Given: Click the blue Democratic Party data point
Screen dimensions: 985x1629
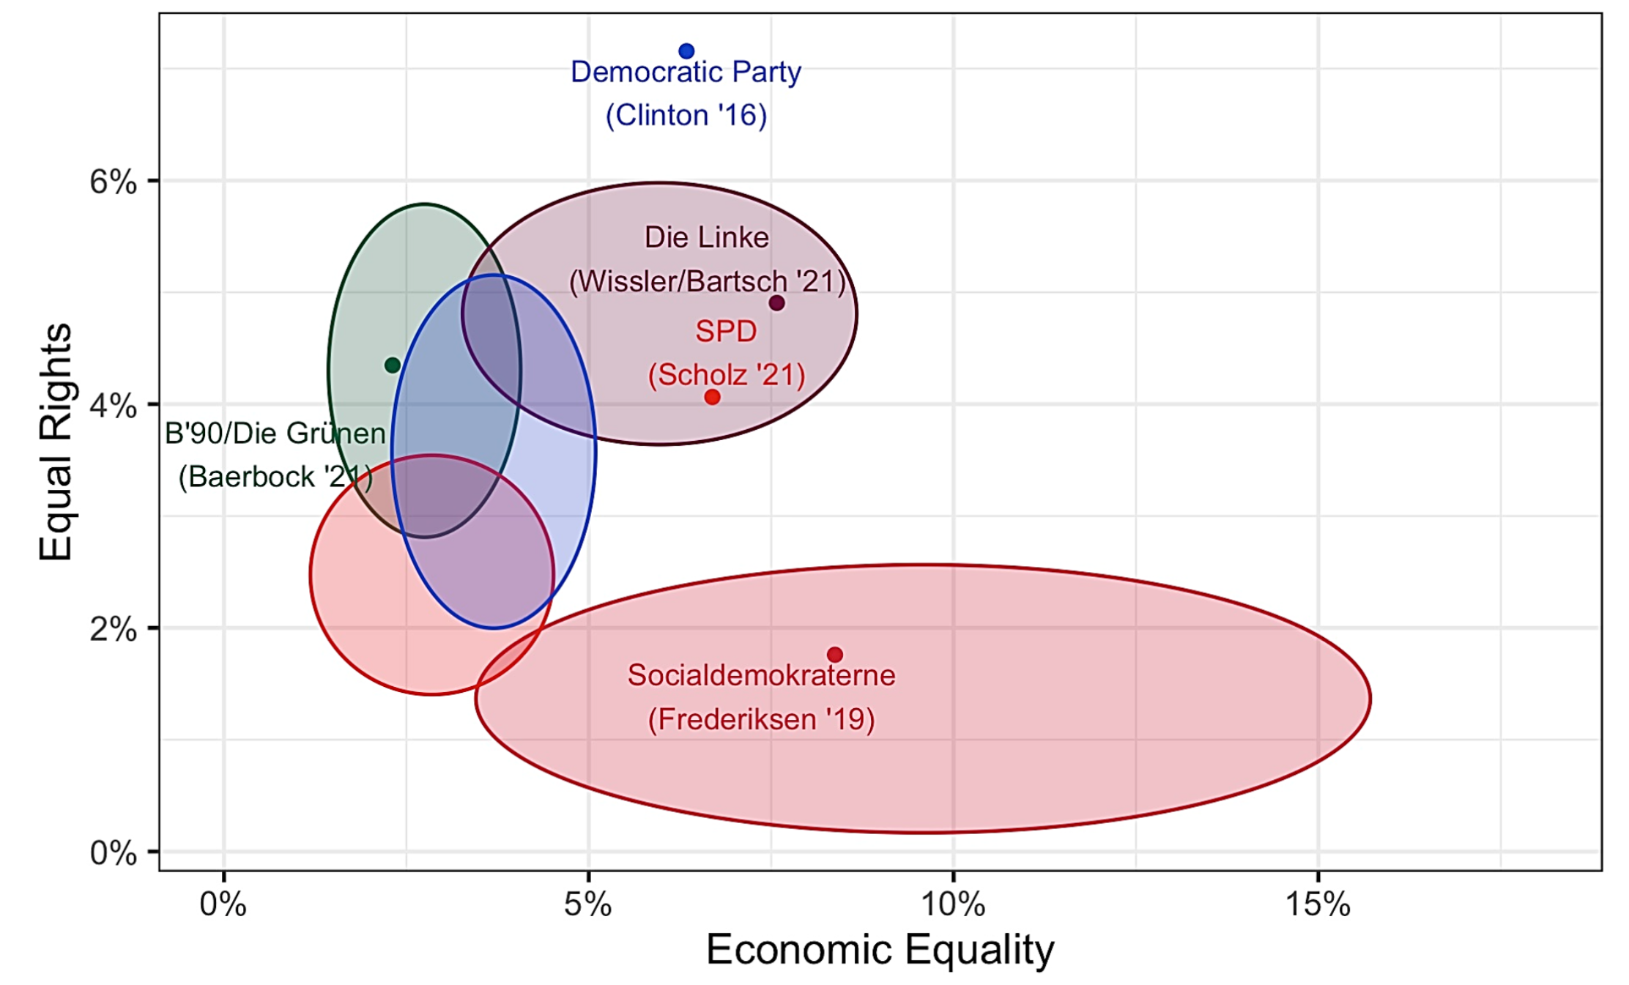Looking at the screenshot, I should point(686,51).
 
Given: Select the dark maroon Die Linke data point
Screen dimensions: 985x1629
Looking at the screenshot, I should point(777,302).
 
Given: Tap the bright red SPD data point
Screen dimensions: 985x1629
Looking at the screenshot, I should point(712,397).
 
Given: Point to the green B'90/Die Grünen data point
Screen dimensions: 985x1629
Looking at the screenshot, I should point(393,365).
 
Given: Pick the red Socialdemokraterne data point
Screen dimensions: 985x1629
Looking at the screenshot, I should point(835,654).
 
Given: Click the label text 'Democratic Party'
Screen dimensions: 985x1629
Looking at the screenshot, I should point(686,72).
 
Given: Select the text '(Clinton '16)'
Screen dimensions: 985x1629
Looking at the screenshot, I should point(686,115).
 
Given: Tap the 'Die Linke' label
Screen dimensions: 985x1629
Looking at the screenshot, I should point(706,237).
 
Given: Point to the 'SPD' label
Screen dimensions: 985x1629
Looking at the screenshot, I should point(726,331).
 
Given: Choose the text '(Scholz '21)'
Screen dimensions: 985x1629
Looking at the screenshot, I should point(727,375).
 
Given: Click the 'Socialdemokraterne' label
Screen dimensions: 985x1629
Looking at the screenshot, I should point(761,675).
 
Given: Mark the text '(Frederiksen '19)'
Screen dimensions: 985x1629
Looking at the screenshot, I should point(761,719).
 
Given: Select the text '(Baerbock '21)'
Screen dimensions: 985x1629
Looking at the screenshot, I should point(275,477).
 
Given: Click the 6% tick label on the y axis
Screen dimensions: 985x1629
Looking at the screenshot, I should point(113,181).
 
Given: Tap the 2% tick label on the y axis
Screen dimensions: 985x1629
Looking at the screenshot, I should point(113,628).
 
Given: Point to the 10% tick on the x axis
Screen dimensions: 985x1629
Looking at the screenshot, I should point(953,905).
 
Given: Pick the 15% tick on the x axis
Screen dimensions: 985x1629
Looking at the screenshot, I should point(1318,905).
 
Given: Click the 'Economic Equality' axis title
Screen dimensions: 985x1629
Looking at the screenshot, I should point(880,950).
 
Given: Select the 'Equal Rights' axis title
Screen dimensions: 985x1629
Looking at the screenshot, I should point(56,442).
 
